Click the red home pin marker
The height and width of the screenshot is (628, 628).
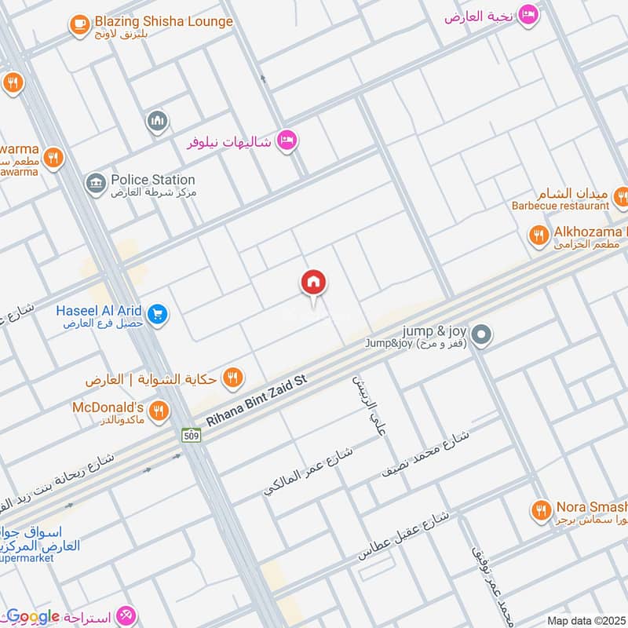pyautogui.click(x=314, y=283)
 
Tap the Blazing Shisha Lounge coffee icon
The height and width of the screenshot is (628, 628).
pyautogui.click(x=78, y=25)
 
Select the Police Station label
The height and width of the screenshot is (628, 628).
pyautogui.click(x=152, y=180)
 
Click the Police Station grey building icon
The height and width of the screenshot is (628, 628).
pyautogui.click(x=96, y=184)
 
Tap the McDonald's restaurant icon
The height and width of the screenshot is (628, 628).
pyautogui.click(x=159, y=410)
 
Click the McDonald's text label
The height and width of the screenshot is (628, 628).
pyautogui.click(x=108, y=407)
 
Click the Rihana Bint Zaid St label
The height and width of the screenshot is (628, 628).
pyautogui.click(x=254, y=400)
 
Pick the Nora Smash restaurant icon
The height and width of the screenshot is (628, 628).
pyautogui.click(x=540, y=510)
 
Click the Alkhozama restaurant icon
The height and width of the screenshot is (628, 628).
pyautogui.click(x=539, y=235)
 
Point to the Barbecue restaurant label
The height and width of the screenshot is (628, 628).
pyautogui.click(x=560, y=206)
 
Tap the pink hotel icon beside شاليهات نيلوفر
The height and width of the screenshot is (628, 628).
pyautogui.click(x=288, y=141)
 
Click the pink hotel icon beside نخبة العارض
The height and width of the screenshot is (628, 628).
pyautogui.click(x=529, y=14)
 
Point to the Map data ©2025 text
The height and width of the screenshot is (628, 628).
pyautogui.click(x=586, y=620)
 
